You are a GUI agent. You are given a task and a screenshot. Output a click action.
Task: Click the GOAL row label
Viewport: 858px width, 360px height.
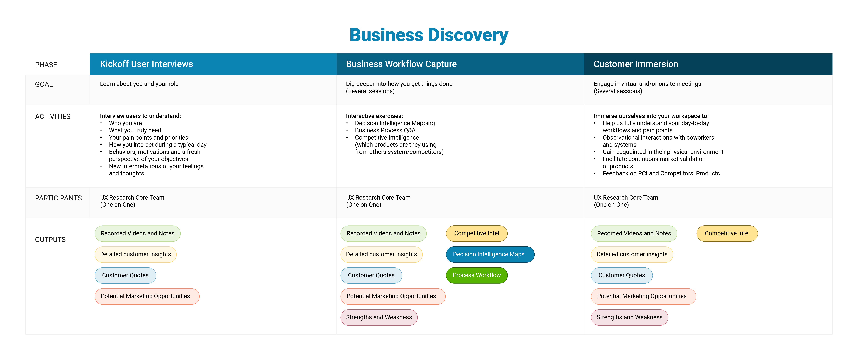pos(44,84)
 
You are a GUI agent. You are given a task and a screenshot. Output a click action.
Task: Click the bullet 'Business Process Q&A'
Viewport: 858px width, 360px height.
pos(385,130)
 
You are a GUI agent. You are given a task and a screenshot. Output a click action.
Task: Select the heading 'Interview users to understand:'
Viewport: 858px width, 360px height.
pos(140,116)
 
